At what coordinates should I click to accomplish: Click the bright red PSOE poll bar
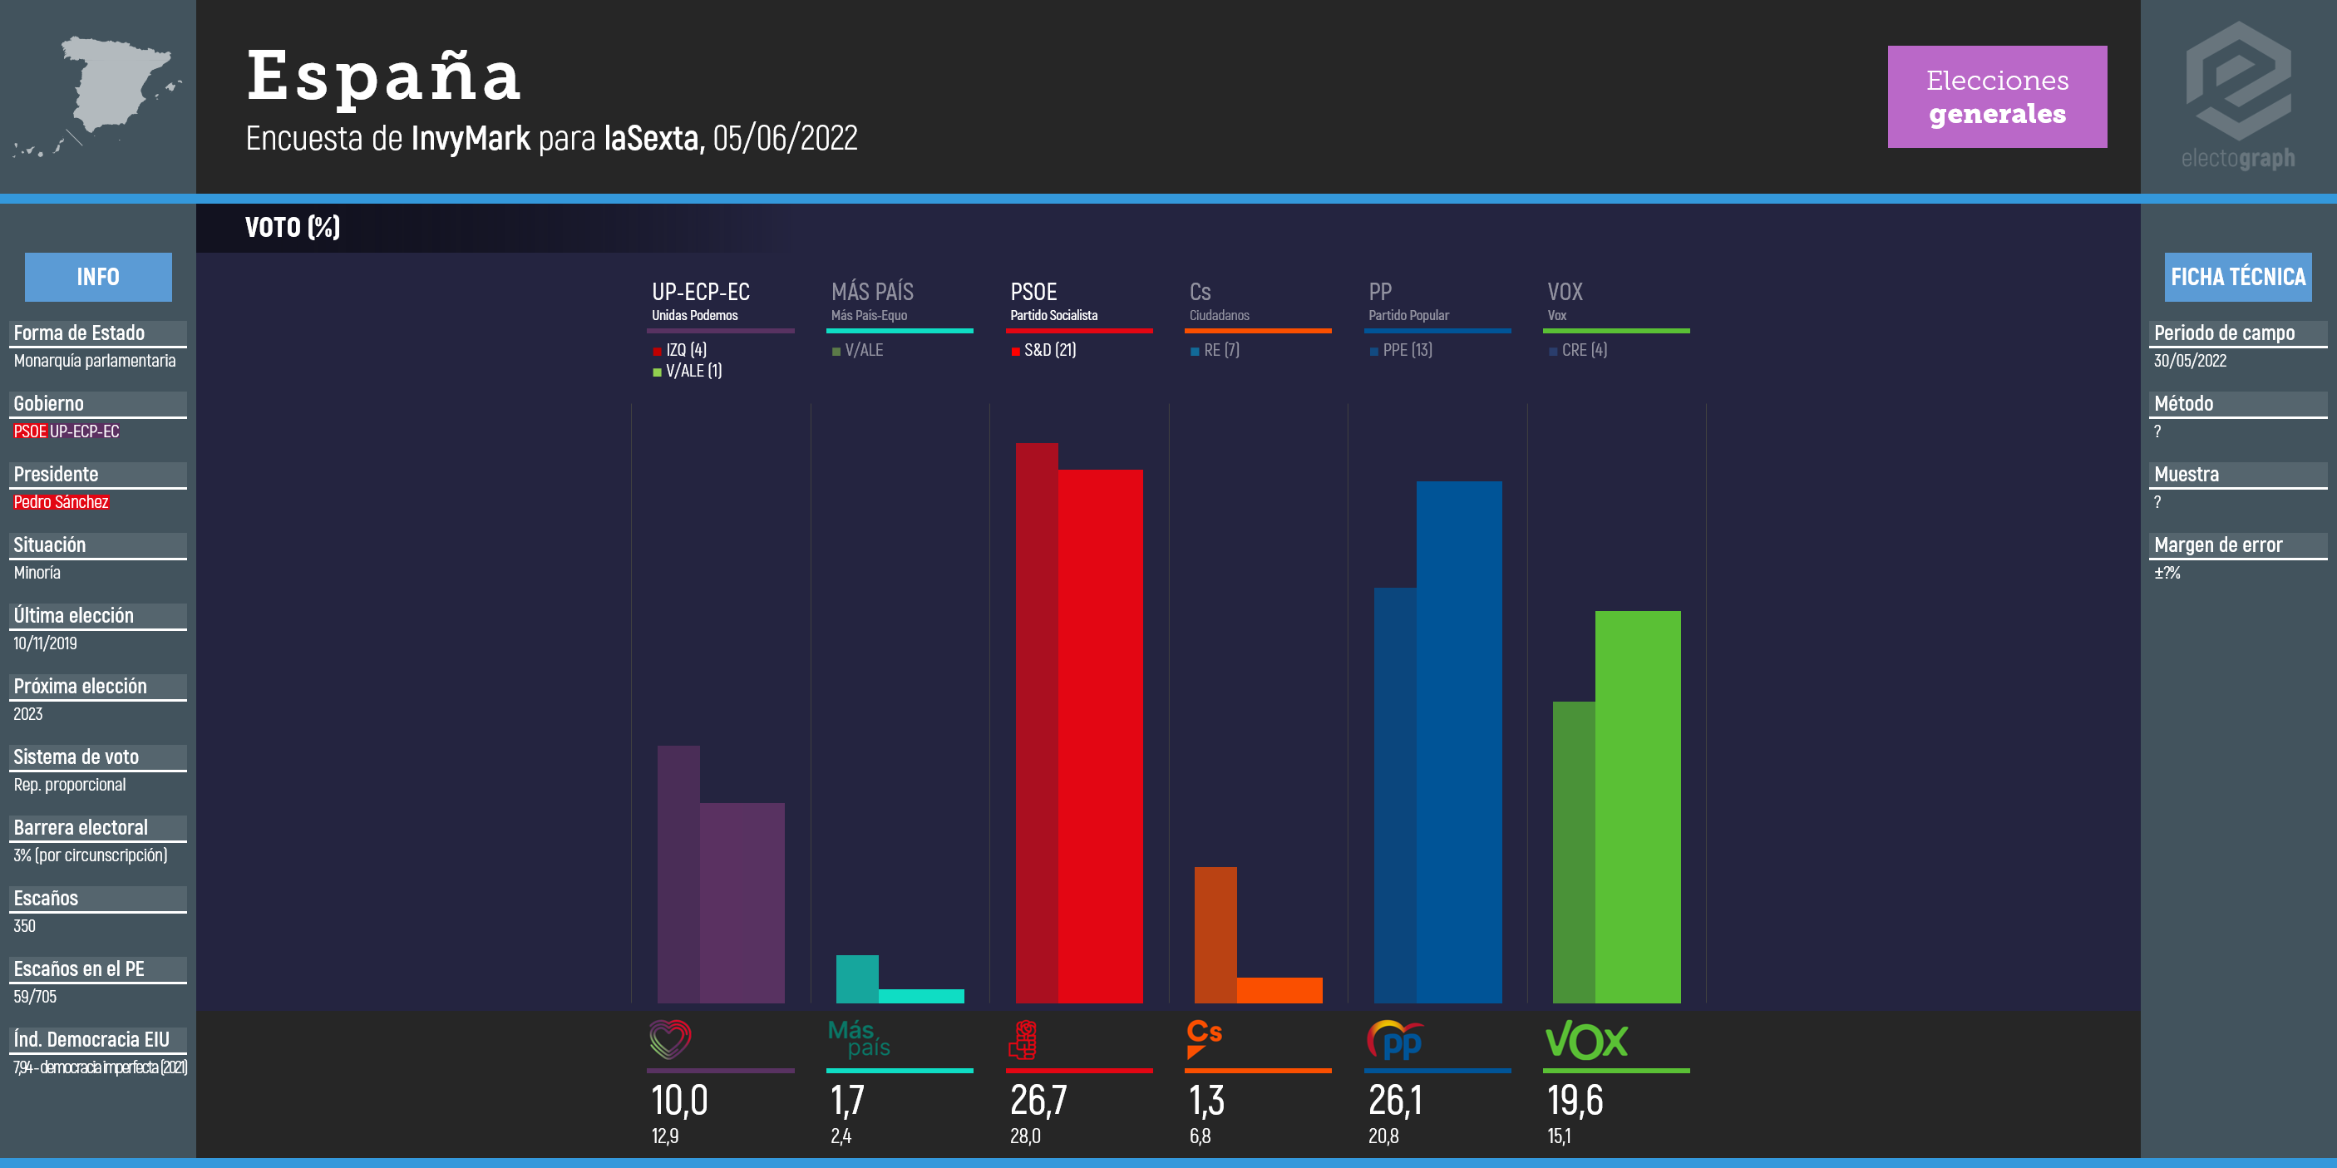pyautogui.click(x=1100, y=735)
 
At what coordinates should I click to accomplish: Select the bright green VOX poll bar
pyautogui.click(x=1638, y=807)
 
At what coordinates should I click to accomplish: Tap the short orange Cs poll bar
pyautogui.click(x=1279, y=989)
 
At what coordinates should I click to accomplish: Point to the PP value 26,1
pyautogui.click(x=1395, y=1100)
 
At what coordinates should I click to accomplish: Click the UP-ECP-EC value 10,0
pyautogui.click(x=679, y=1100)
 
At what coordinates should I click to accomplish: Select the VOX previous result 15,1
pyautogui.click(x=1559, y=1136)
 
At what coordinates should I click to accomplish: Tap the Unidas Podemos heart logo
pyautogui.click(x=670, y=1039)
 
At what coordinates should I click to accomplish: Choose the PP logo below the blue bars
pyautogui.click(x=1394, y=1040)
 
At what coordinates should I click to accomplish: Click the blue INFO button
pyautogui.click(x=98, y=277)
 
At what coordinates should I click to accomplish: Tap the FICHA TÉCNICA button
pyautogui.click(x=2237, y=277)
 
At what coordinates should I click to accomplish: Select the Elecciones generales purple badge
pyautogui.click(x=1997, y=96)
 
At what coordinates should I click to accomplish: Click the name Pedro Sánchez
pyautogui.click(x=61, y=501)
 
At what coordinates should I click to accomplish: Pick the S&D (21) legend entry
pyautogui.click(x=1044, y=350)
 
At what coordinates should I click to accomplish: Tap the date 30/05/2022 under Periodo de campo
pyautogui.click(x=2190, y=360)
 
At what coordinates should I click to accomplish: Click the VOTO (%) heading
pyautogui.click(x=292, y=227)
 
